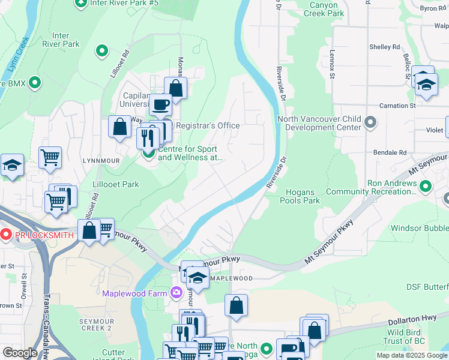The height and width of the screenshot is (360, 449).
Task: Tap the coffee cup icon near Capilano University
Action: (x=160, y=105)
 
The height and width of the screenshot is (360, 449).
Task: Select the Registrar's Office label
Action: (x=207, y=125)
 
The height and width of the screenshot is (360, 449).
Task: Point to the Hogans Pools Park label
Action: (x=300, y=196)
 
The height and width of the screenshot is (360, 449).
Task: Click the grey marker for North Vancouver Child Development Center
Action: (x=370, y=123)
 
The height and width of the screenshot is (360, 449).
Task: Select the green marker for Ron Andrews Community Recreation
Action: (x=426, y=186)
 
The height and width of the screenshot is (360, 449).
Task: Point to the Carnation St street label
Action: (x=396, y=106)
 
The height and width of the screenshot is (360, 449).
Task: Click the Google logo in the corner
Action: (x=19, y=353)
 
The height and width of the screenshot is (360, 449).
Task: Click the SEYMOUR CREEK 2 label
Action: (x=97, y=325)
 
